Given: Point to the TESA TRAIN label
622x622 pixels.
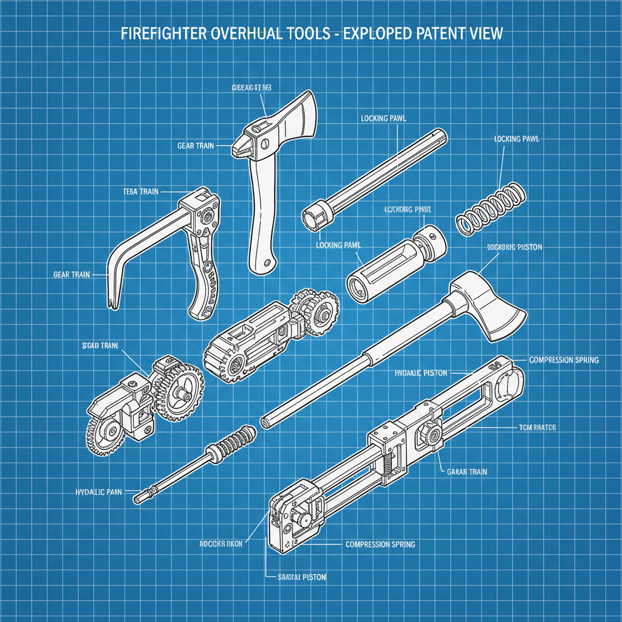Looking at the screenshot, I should pos(140,191).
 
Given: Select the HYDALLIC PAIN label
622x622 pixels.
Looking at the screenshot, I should pos(99,491).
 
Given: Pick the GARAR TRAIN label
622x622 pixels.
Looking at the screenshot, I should pos(466,471).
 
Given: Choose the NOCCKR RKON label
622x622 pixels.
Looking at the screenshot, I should pos(221,544).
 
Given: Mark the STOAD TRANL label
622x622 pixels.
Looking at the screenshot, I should pos(100,346).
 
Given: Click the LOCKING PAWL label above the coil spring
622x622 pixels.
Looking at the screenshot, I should pos(516,139).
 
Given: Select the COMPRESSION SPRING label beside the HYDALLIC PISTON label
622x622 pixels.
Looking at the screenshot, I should pos(564,360).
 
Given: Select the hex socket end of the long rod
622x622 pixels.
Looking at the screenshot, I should pos(313,216).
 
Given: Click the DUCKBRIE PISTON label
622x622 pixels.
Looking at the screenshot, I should pos(514,248).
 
